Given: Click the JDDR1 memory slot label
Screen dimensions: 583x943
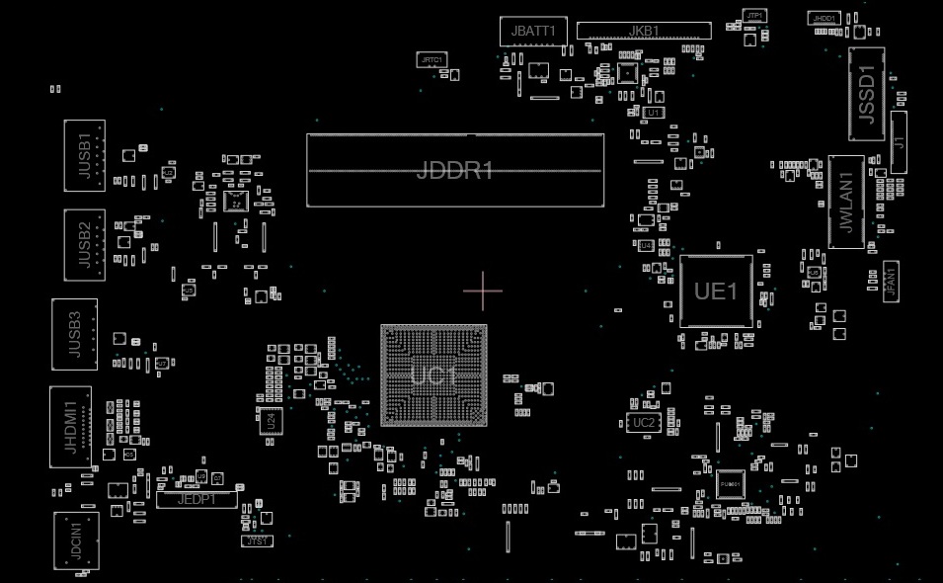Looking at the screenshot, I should tap(455, 170).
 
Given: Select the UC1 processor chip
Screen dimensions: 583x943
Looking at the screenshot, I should tap(433, 375).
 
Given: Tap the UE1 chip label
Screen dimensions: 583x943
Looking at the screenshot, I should tap(716, 291).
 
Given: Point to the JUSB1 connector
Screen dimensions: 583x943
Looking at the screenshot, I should tap(84, 155).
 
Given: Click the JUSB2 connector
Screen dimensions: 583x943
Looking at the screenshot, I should tap(84, 244).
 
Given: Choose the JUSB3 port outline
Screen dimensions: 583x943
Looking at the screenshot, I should tap(75, 333).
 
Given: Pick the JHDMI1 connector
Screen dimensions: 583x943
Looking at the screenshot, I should tap(70, 426).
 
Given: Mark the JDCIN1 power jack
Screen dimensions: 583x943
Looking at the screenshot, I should tap(76, 541).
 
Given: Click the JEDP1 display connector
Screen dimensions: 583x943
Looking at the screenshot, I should tap(196, 500).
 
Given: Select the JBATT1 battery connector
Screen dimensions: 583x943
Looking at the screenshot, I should tap(533, 31).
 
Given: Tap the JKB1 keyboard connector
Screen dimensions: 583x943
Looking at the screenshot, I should tap(644, 31).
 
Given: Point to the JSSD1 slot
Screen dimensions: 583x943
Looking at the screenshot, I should tap(866, 94).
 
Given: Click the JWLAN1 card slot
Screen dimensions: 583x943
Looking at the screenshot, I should tap(846, 202).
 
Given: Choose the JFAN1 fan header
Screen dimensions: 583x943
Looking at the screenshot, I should tap(890, 284).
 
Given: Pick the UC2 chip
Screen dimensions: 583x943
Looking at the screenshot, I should tap(643, 423).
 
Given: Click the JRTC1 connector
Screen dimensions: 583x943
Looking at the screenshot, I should tap(432, 60).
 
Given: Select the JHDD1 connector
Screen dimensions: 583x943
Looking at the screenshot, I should tap(824, 19).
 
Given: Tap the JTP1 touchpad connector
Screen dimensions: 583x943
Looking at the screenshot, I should tap(754, 16).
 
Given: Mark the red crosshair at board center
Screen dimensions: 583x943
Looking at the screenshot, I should tap(483, 291).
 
